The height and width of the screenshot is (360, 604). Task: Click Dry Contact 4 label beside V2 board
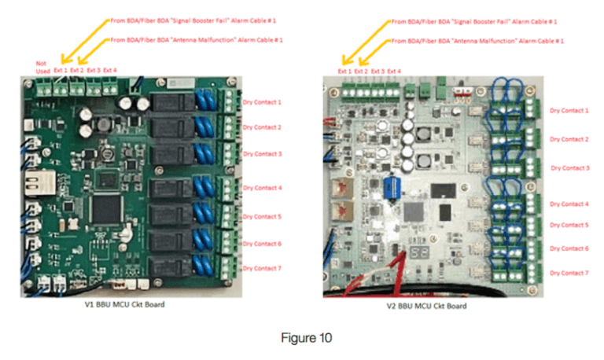click(x=568, y=204)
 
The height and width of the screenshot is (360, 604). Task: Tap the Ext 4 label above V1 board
click(x=110, y=70)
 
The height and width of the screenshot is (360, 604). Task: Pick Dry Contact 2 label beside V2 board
click(x=568, y=139)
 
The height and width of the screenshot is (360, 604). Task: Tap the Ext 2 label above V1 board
click(x=76, y=70)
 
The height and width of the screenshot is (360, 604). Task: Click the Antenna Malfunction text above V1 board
click(x=197, y=39)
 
